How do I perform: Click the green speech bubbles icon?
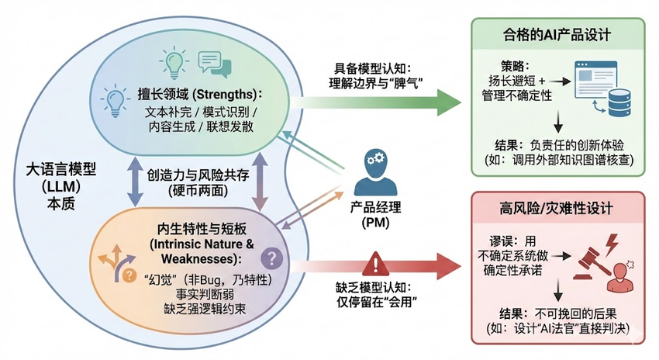click(215, 64)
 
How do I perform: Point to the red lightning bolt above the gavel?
click(610, 244)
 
